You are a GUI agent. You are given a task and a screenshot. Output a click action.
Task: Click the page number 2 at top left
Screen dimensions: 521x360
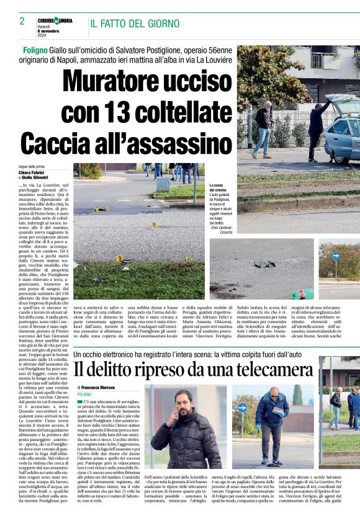[22, 21]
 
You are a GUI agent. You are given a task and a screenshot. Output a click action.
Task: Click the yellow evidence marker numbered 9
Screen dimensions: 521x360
[119, 258]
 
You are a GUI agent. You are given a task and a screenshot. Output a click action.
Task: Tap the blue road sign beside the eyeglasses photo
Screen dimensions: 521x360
[336, 255]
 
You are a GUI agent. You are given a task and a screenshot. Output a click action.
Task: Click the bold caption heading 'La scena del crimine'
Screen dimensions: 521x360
[220, 188]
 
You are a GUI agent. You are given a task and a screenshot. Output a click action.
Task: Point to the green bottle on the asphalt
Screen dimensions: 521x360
[303, 293]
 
